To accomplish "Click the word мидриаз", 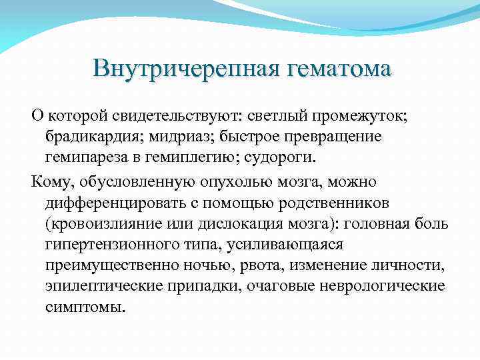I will (175, 138).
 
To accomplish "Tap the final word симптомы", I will (85, 309).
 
